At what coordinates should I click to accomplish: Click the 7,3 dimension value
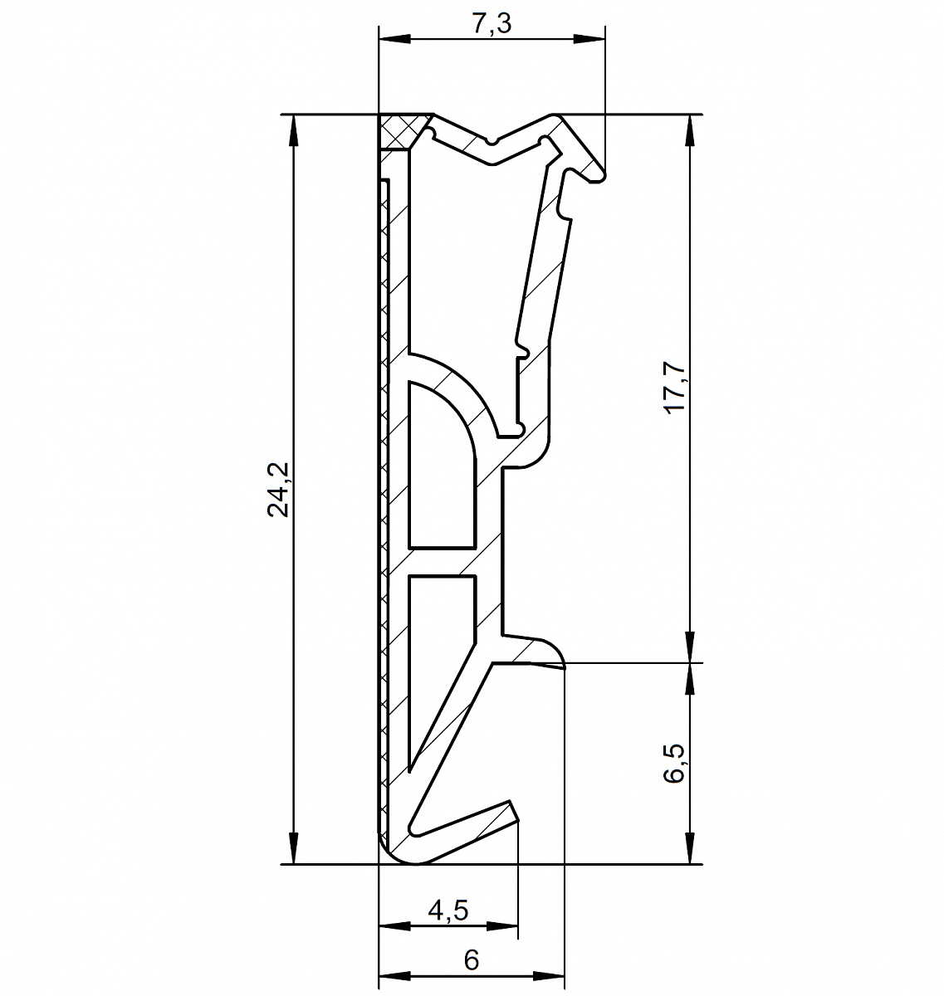[492, 24]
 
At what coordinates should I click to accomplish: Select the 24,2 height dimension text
[278, 490]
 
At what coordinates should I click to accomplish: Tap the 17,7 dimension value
[676, 388]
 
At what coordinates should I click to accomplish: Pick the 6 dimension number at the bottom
[471, 959]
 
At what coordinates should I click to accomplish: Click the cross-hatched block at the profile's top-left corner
[403, 130]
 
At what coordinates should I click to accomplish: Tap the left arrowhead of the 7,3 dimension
[394, 40]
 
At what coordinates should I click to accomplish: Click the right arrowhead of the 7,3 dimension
[589, 40]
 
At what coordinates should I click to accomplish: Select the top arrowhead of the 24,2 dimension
[293, 130]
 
